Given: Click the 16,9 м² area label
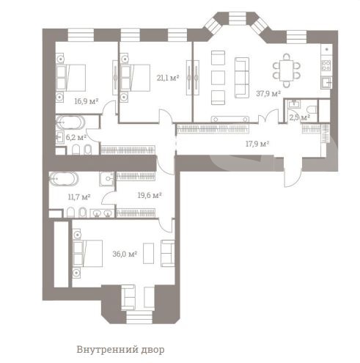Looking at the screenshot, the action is coord(87,101).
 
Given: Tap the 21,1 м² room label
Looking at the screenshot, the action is coord(168,78).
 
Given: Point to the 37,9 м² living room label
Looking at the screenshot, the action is coord(268,93).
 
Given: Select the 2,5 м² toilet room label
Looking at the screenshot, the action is coord(300,117).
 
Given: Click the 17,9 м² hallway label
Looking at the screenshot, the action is coord(257,144).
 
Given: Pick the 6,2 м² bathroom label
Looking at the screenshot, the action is coord(76,137).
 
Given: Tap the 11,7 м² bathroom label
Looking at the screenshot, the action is coord(79,197).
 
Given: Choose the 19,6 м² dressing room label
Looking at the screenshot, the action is coord(150,195).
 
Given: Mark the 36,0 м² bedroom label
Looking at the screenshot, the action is coord(125,254).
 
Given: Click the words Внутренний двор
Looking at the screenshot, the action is coord(120,350).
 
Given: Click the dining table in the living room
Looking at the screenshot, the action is coord(286,70).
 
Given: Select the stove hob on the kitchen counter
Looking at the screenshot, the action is coord(326,65).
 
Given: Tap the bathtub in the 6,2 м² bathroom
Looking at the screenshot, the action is coord(70,122).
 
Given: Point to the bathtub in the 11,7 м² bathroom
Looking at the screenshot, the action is coord(64,179).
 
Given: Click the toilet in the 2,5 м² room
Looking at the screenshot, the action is coord(312,110).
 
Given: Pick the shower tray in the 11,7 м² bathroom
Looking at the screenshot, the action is coord(107,179).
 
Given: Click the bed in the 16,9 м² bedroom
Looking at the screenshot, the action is coord(70,78).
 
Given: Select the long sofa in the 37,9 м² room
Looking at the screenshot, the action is coord(242,78).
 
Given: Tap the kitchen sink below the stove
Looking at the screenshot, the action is coord(326,83).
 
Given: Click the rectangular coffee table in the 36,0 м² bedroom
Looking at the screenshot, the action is coord(148,253).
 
